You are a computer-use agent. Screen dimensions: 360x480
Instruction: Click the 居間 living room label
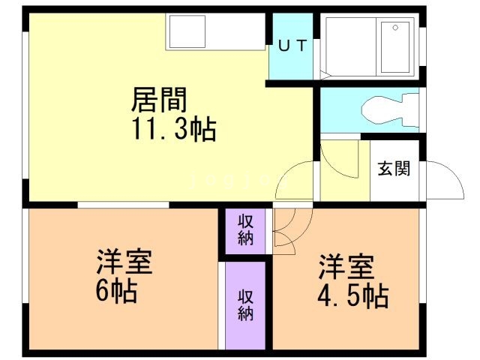tap(159, 99)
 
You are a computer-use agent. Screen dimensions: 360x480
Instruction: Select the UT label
tap(292, 45)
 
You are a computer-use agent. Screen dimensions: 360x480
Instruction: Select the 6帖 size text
tap(115, 290)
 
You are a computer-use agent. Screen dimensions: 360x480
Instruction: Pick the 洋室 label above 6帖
tap(124, 263)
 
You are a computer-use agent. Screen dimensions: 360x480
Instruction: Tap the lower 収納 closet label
tap(245, 304)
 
